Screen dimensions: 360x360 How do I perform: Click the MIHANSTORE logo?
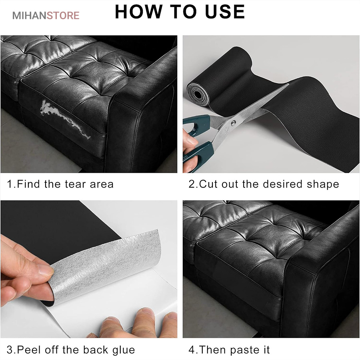(46, 15)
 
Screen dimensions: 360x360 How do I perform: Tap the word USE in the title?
(225, 12)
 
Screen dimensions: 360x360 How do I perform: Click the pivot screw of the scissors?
(233, 123)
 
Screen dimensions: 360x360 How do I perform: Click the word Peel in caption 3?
(29, 350)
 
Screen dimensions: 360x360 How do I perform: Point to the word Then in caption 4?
(213, 350)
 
